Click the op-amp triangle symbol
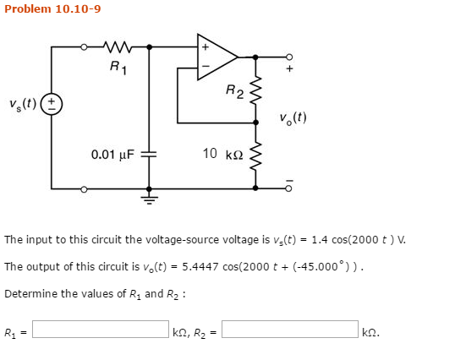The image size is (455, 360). tap(217, 57)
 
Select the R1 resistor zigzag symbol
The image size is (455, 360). tap(113, 46)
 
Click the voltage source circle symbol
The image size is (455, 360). tap(52, 106)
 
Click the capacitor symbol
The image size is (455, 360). tap(150, 155)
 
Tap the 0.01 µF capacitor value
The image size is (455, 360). tap(112, 155)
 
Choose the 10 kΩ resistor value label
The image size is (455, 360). tap(223, 154)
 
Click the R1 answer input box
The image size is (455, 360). tap(100, 330)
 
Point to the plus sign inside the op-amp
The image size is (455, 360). tap(204, 46)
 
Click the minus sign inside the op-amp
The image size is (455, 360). tap(204, 67)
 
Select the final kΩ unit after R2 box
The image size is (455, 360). tap(370, 331)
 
